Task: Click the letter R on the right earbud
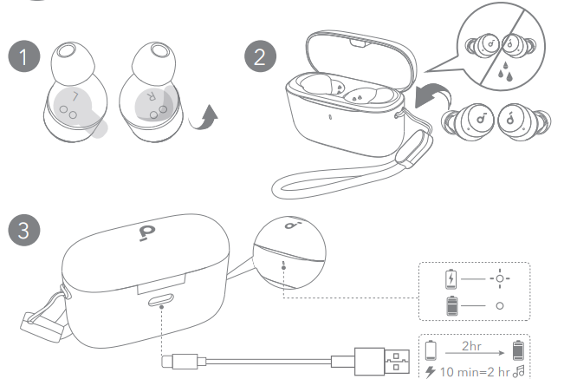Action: (x=154, y=94)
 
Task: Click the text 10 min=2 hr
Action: (x=476, y=370)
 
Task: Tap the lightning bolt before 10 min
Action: (x=431, y=370)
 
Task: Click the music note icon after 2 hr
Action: (x=521, y=370)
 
